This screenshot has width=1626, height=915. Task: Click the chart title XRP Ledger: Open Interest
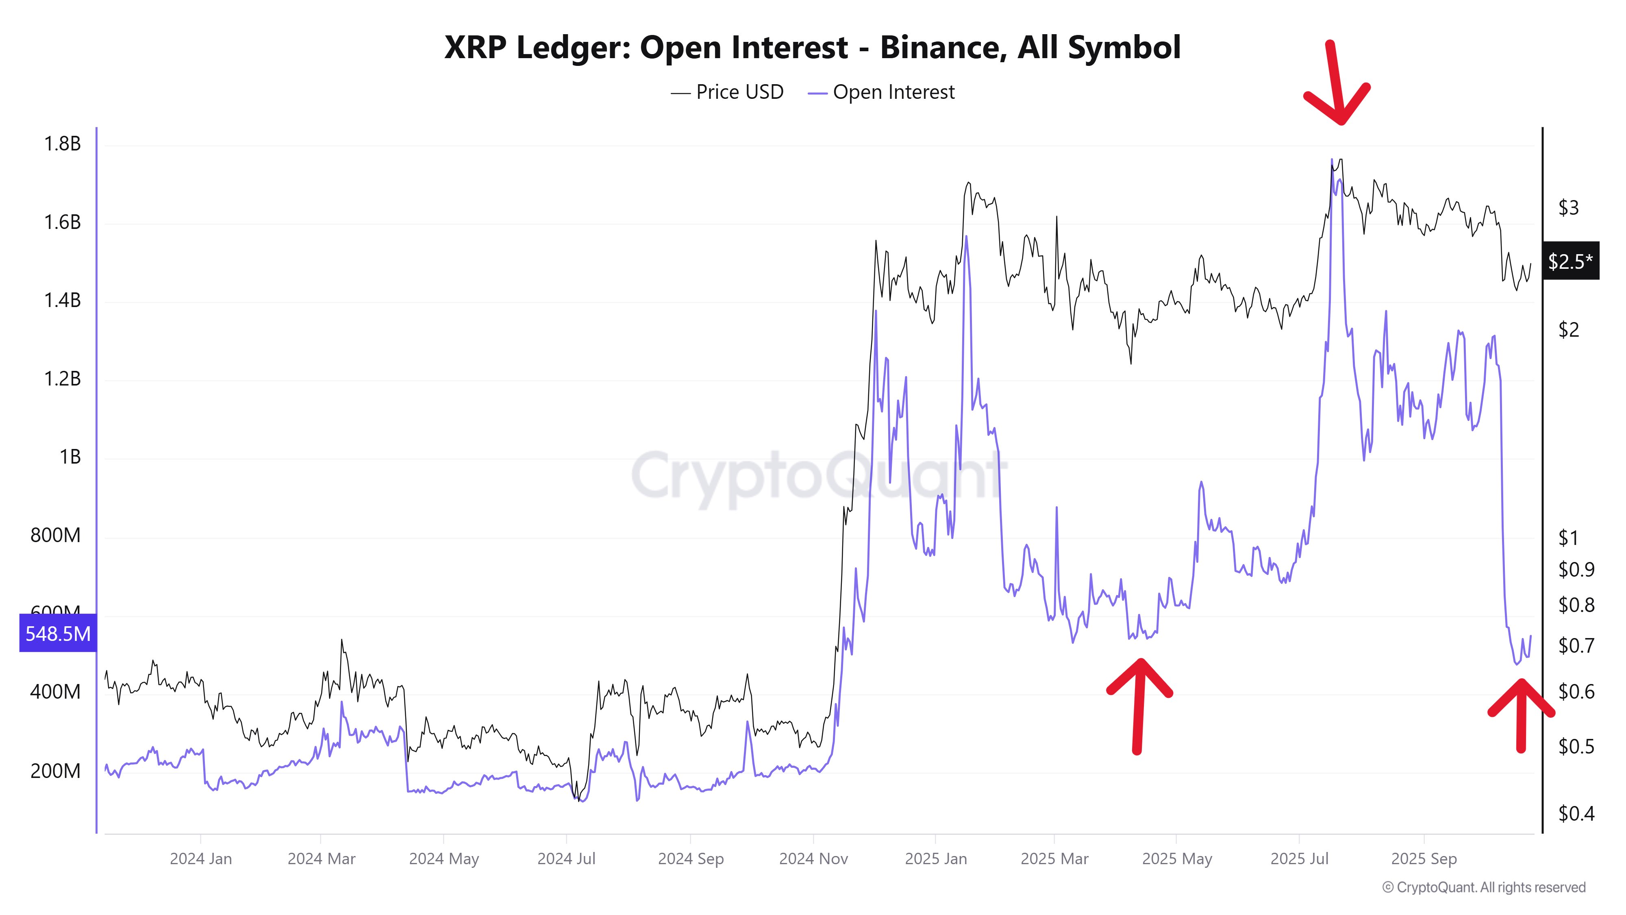[x=812, y=47]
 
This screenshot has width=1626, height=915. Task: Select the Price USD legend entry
[x=727, y=92]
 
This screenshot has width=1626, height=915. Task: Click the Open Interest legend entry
[x=881, y=92]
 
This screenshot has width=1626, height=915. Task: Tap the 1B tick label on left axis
[x=70, y=457]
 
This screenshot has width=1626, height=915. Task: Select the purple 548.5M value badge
[x=57, y=633]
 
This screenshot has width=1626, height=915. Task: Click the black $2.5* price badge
[x=1570, y=261]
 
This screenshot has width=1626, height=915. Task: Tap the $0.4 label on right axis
[x=1576, y=813]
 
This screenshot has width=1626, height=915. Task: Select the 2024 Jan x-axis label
[x=201, y=859]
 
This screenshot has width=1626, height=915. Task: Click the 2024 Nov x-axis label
[x=813, y=859]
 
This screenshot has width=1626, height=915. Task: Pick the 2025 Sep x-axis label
[x=1424, y=859]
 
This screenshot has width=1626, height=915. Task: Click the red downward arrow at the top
[x=1336, y=85]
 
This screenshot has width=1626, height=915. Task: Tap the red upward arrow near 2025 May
[x=1138, y=704]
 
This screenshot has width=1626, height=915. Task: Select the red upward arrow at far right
[x=1521, y=714]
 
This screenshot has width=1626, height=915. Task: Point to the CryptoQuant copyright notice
[x=1483, y=887]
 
